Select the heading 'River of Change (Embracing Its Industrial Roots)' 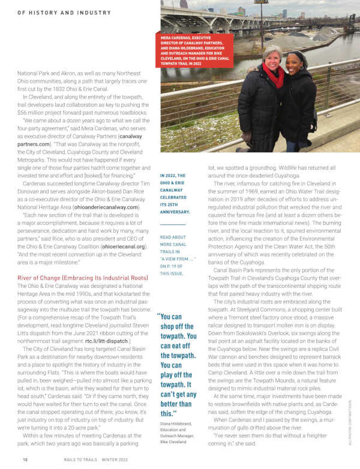(x=82, y=278)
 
